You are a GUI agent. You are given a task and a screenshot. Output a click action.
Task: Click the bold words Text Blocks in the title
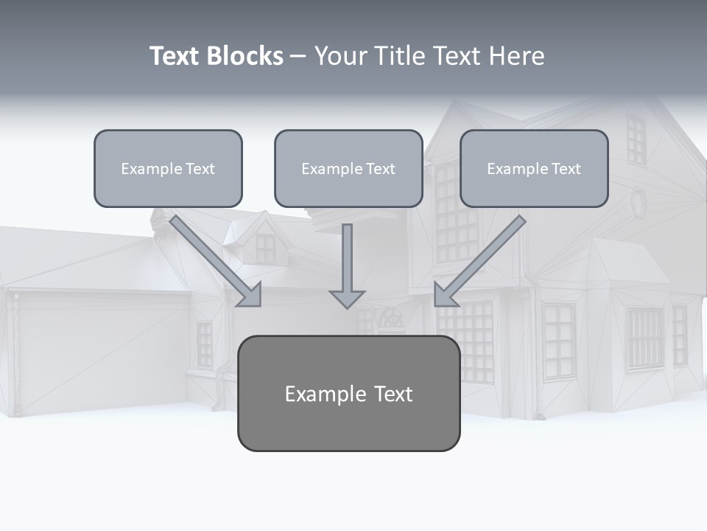(x=216, y=56)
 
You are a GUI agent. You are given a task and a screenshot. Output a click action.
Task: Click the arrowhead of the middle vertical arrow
(x=347, y=299)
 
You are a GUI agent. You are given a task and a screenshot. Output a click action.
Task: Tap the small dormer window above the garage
(x=265, y=248)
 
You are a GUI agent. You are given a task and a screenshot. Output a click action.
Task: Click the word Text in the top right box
(x=566, y=169)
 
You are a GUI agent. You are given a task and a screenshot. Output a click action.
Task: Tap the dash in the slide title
(x=298, y=56)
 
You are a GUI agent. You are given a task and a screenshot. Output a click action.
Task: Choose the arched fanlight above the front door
(x=391, y=319)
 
